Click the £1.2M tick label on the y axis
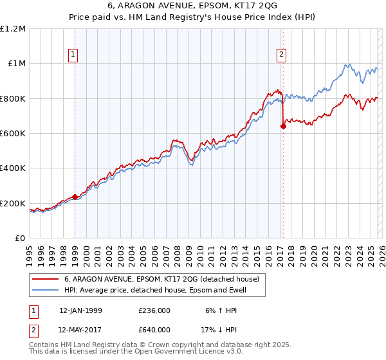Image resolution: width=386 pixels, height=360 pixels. [13, 29]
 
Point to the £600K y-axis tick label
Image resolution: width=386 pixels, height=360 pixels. [13, 134]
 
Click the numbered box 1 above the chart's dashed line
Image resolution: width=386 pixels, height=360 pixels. [75, 55]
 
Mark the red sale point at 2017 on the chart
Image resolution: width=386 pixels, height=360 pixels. [283, 127]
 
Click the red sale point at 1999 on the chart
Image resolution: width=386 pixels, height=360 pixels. [75, 197]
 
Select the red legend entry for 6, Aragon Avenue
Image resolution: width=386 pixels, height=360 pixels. [161, 279]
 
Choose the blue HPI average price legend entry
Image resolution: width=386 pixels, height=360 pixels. [155, 291]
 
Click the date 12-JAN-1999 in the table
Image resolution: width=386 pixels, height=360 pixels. [80, 310]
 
